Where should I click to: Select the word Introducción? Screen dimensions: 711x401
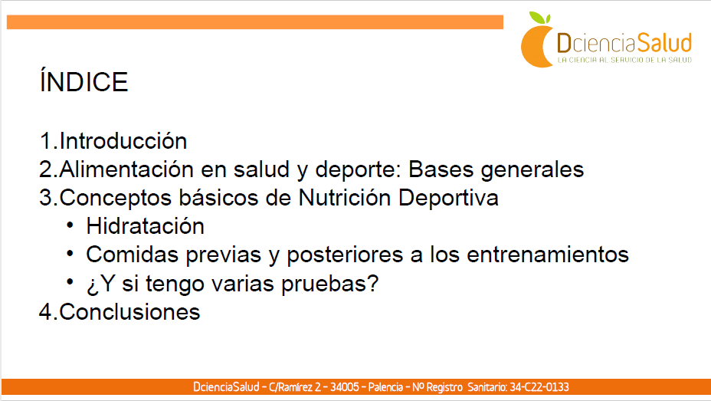click(123, 140)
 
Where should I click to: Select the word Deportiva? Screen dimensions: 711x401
click(449, 199)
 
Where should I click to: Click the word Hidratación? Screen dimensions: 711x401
click(145, 226)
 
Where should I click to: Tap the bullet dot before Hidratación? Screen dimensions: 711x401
click(70, 225)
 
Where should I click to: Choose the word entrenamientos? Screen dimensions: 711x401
click(548, 254)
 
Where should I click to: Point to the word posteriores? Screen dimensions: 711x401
click(345, 255)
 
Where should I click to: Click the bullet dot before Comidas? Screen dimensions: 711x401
click(70, 254)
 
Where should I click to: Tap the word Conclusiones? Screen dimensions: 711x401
click(129, 312)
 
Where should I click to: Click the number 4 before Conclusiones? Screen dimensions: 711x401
click(46, 312)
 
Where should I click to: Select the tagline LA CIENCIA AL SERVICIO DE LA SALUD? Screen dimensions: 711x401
click(624, 60)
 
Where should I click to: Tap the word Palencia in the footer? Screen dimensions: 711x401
click(385, 387)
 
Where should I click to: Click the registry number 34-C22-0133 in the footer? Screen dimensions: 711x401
click(539, 387)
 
